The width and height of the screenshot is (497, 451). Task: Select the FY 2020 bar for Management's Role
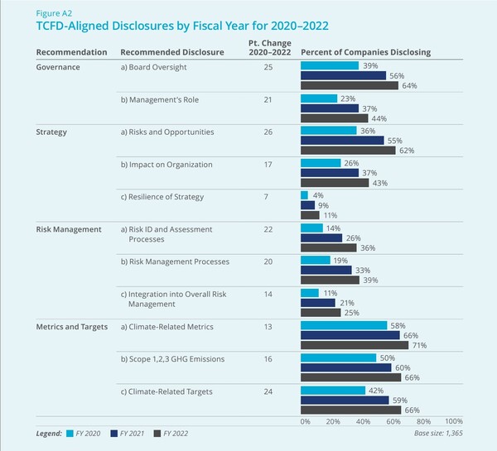click(318, 98)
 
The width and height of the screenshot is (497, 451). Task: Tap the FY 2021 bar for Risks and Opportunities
click(341, 141)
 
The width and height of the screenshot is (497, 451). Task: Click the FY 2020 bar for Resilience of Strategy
click(304, 194)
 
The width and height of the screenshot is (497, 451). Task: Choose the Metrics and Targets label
click(72, 327)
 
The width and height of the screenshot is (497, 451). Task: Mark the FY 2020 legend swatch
click(70, 433)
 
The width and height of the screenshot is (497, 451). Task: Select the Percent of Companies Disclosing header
click(364, 52)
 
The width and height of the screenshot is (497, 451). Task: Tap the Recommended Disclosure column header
click(169, 52)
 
